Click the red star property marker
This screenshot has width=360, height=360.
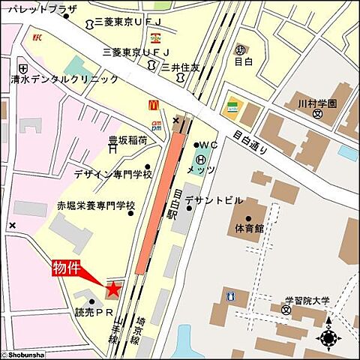[x=113, y=288]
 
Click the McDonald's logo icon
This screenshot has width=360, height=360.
[x=153, y=106]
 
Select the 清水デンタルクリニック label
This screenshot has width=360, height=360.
[x=64, y=78]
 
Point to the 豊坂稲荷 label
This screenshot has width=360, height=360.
[x=127, y=139]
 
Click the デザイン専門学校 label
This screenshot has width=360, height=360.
[x=112, y=174]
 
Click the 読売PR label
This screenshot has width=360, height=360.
[x=93, y=312]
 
